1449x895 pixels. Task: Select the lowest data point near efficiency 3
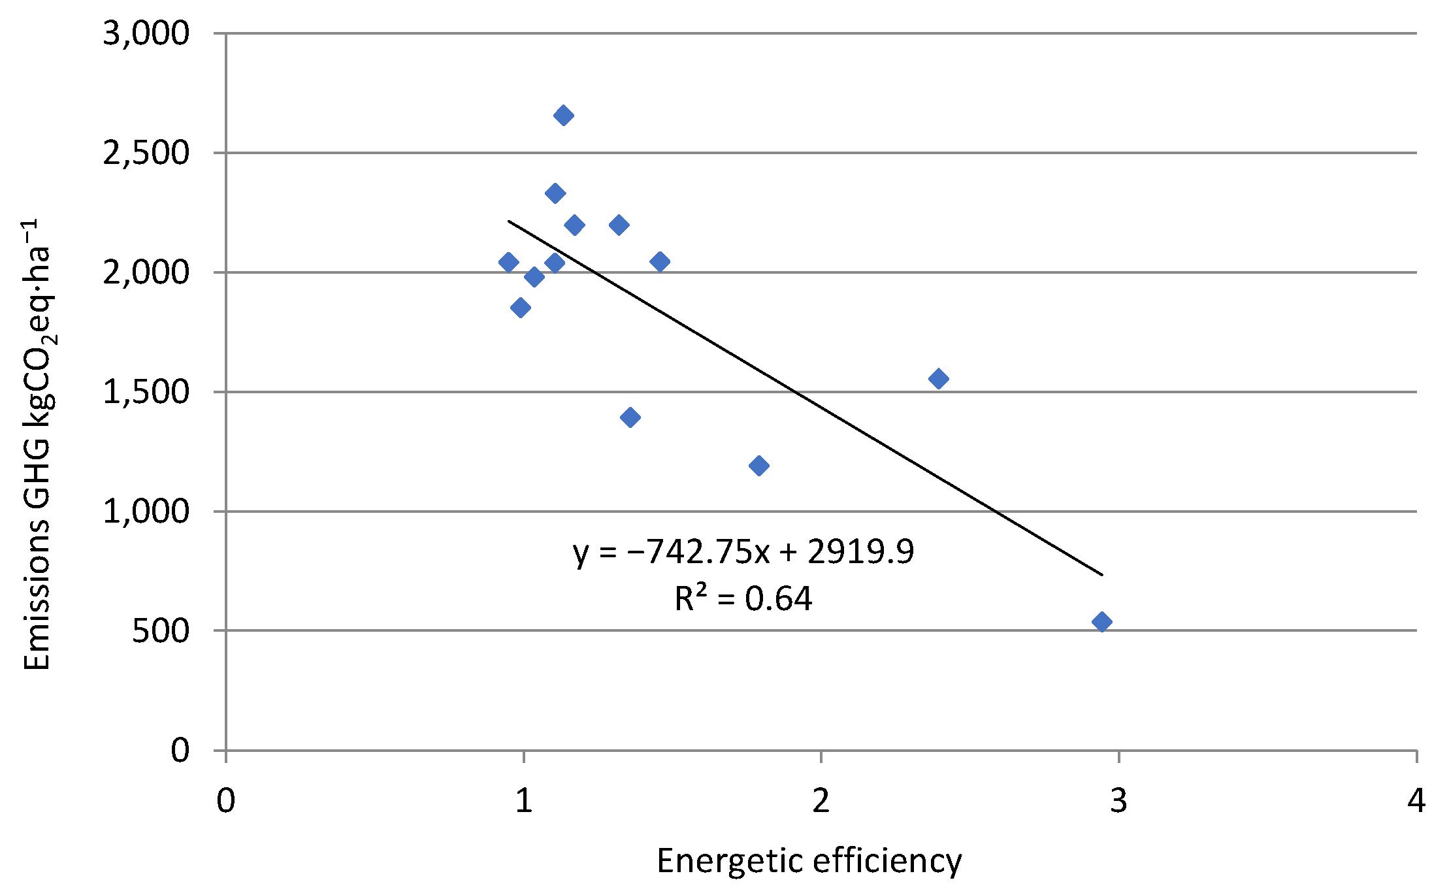coord(1101,621)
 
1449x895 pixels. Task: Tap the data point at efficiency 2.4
coord(938,378)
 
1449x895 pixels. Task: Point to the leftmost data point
coord(508,262)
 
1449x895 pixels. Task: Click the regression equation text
coord(743,552)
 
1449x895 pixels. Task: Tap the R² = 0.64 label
coord(743,598)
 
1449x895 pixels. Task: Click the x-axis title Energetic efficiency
coord(809,860)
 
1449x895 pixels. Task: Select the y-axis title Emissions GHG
coord(37,444)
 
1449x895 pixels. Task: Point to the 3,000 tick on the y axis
coord(146,33)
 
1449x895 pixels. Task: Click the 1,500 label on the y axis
coord(146,392)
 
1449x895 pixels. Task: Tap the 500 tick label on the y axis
coord(160,631)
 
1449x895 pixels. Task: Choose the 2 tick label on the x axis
coord(821,800)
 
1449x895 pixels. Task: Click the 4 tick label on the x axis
coord(1416,800)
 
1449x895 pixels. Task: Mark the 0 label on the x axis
coord(225,800)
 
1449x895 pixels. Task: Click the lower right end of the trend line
coord(1101,574)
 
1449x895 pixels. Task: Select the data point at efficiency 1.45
coord(660,261)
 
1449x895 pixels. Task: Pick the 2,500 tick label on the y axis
coord(146,153)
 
